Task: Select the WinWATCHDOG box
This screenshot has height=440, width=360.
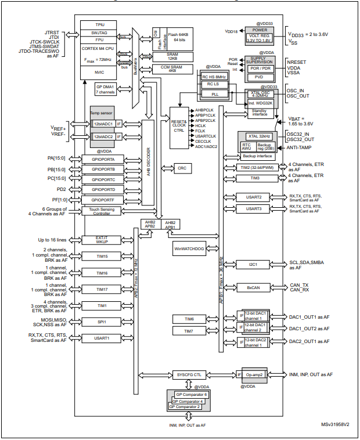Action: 189,248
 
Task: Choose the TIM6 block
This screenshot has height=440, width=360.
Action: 189,319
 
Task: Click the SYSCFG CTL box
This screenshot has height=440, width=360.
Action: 189,374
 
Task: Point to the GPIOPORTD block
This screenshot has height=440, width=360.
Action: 102,189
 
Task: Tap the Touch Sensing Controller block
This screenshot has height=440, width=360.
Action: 102,211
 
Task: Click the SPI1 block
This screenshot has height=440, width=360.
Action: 102,322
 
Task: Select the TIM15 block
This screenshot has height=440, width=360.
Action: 102,255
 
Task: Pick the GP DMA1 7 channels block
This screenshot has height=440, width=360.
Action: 106,89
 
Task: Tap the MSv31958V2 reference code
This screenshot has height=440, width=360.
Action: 335,425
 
